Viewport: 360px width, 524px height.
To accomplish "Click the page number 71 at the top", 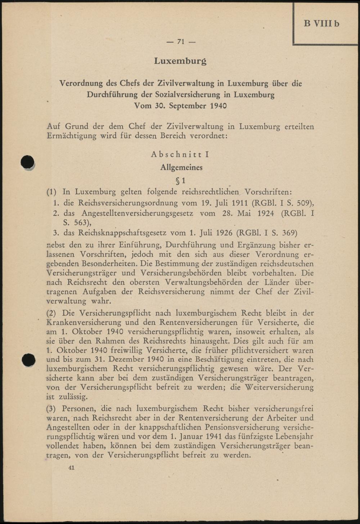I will pyautogui.click(x=181, y=42).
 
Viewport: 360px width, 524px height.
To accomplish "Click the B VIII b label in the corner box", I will pyautogui.click(x=321, y=24).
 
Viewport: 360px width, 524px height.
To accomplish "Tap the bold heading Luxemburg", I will pyautogui.click(x=180, y=61).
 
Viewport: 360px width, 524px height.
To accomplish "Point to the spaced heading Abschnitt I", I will pyautogui.click(x=180, y=154).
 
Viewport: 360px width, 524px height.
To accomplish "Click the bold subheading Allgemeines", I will pyautogui.click(x=181, y=167).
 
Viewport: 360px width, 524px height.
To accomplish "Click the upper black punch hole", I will pyautogui.click(x=28, y=162).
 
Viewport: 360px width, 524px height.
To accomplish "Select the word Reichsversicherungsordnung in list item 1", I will pyautogui.click(x=128, y=203).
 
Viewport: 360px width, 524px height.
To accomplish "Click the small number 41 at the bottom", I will pyautogui.click(x=71, y=467).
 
